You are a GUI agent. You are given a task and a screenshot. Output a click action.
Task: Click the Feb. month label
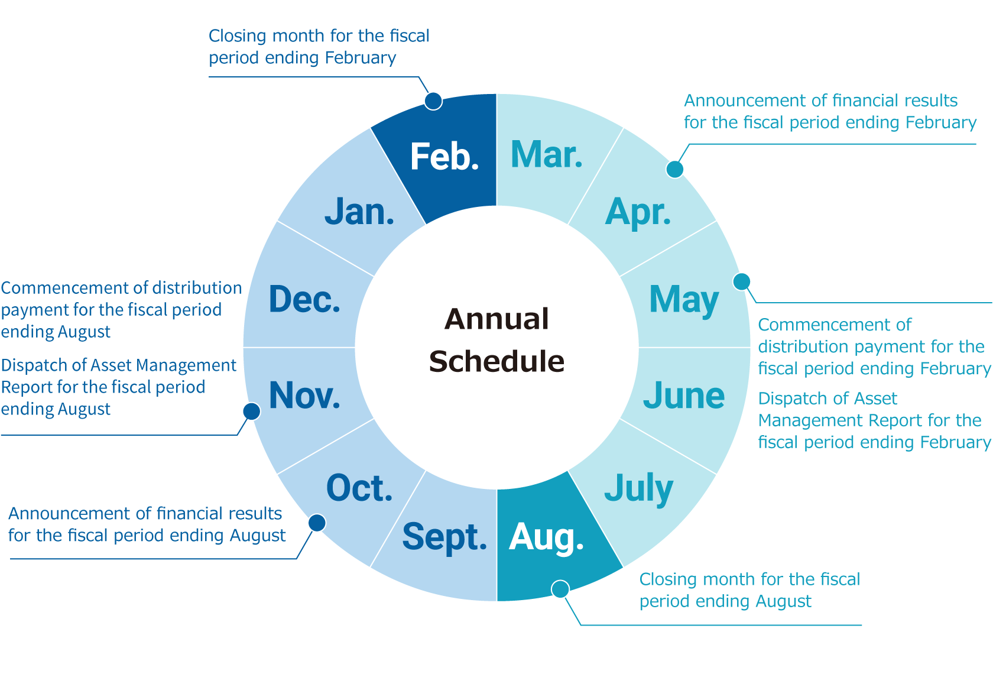(444, 157)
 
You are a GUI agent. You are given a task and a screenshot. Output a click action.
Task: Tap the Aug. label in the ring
(546, 538)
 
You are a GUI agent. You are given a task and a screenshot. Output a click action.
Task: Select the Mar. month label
(547, 154)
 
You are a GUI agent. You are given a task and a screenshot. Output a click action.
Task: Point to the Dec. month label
(304, 299)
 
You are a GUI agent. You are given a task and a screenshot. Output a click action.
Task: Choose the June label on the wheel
(683, 396)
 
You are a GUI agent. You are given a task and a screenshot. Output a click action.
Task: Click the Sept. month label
(444, 537)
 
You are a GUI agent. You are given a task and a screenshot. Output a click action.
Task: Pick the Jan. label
(359, 212)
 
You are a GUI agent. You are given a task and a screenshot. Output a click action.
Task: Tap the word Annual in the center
(496, 319)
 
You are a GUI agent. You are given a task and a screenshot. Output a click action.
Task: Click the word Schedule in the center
(496, 361)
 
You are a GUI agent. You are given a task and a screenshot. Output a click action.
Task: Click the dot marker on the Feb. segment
(433, 101)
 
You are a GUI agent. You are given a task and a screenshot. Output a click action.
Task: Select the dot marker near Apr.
(675, 169)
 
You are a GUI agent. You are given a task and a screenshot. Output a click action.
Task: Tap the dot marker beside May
(741, 281)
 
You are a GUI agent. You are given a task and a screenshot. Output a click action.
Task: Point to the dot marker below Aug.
(560, 589)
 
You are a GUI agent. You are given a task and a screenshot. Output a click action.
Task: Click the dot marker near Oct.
(317, 523)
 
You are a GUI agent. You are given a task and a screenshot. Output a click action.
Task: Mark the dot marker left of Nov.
(251, 411)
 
